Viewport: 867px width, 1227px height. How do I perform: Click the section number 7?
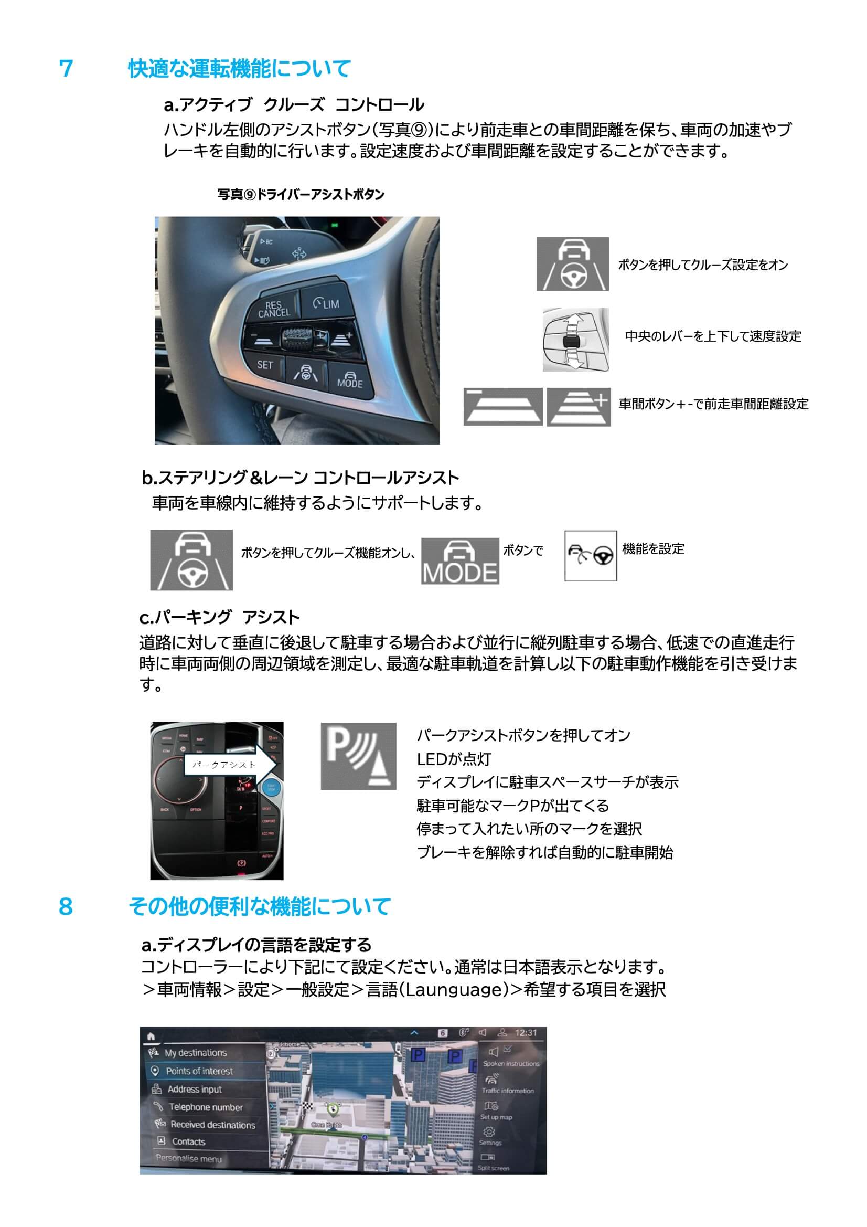click(66, 69)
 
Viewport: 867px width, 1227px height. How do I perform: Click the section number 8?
click(66, 906)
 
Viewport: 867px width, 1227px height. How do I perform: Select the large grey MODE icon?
click(460, 560)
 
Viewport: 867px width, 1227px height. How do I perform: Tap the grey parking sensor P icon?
click(358, 756)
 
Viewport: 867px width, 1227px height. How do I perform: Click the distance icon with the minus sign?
click(502, 407)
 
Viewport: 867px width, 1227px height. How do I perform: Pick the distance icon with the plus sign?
click(579, 407)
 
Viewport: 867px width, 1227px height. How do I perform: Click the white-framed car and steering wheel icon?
click(590, 555)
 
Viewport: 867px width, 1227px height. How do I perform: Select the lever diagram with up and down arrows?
click(575, 340)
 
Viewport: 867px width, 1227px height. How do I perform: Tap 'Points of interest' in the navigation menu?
click(199, 1071)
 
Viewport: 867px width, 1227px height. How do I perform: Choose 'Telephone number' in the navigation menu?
click(206, 1107)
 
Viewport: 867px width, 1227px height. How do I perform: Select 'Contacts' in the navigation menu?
click(188, 1141)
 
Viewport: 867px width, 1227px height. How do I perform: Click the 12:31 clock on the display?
click(526, 1032)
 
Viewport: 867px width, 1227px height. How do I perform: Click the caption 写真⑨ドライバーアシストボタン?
click(300, 195)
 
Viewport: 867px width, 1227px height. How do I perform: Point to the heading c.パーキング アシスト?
click(219, 617)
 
